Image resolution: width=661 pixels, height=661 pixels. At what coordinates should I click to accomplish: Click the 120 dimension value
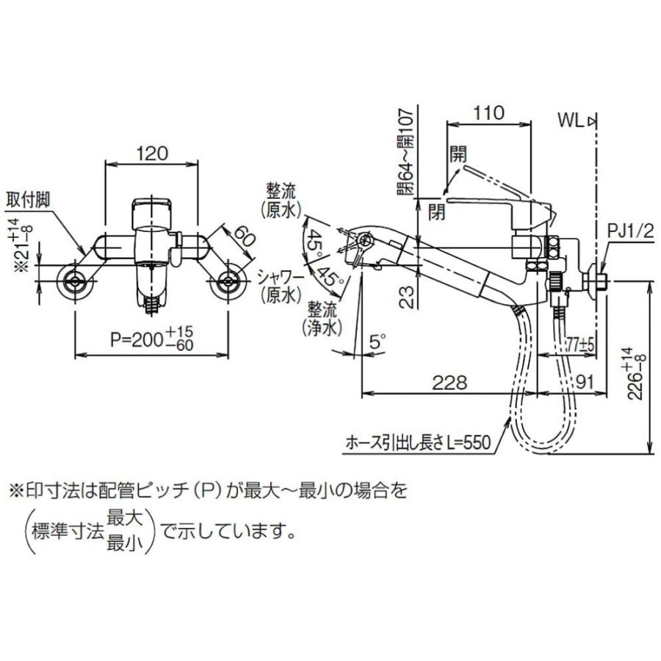click(x=151, y=153)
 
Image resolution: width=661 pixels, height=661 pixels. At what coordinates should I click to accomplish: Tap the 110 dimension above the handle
click(x=488, y=112)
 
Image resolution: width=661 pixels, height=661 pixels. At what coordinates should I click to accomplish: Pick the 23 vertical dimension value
click(x=407, y=297)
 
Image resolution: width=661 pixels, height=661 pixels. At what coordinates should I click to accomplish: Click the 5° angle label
click(x=377, y=341)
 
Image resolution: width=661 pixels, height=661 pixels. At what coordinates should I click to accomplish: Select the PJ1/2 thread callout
click(x=630, y=231)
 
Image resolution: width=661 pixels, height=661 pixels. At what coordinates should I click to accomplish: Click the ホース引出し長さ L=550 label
click(x=418, y=443)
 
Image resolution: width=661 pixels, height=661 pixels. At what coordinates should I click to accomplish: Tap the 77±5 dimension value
click(x=579, y=345)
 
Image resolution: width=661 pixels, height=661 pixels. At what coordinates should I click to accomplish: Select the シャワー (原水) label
click(x=281, y=286)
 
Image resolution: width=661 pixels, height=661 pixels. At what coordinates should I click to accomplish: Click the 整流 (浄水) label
click(x=322, y=319)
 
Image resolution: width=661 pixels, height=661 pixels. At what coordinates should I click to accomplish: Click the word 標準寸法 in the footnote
click(x=68, y=533)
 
